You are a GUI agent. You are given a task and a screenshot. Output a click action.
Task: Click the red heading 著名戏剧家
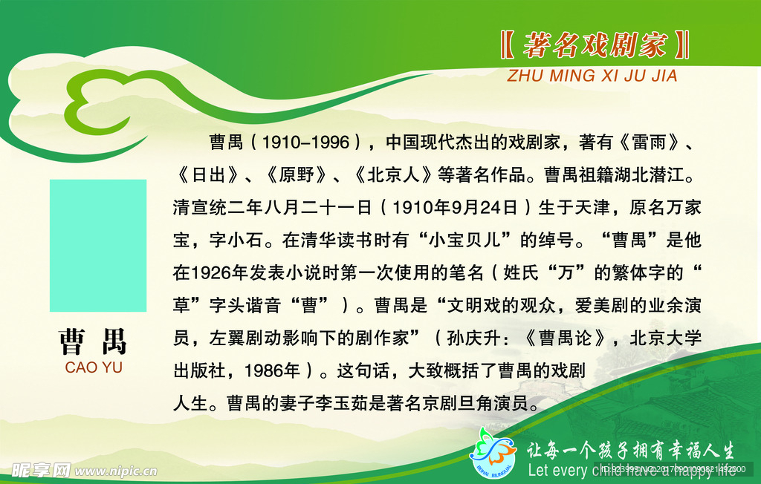[595, 46]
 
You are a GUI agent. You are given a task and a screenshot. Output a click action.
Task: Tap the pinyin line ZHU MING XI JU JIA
[592, 76]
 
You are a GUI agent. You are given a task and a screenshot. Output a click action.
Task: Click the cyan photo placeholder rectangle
[98, 245]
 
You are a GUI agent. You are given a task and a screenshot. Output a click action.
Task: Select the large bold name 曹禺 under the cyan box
[93, 341]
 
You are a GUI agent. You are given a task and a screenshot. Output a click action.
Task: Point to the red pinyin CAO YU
[94, 367]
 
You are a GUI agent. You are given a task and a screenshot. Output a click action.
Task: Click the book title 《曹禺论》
[572, 338]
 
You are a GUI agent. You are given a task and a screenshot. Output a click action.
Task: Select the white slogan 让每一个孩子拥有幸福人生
[630, 450]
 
